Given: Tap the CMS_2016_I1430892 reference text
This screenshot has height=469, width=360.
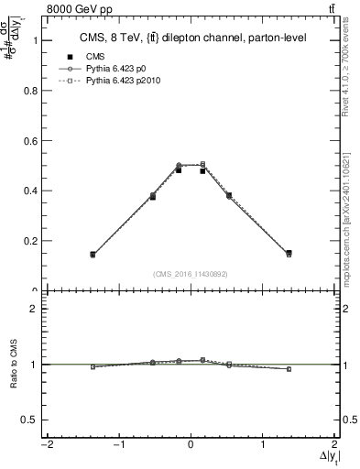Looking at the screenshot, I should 191,274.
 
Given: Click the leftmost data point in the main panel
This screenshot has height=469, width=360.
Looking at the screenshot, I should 93,255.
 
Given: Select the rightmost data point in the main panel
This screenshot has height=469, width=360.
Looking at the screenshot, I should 289,254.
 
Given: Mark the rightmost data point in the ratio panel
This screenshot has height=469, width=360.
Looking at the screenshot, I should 289,369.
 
